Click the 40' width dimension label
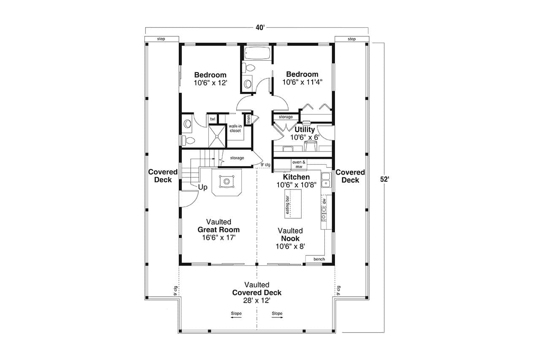tap(259, 27)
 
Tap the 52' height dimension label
tap(384, 179)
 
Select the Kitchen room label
tap(296, 177)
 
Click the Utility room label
tap(305, 130)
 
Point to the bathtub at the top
tap(257, 54)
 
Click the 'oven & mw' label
tap(299, 164)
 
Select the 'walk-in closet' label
tap(235, 128)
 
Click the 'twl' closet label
tap(213, 119)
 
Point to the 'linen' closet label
tap(249, 119)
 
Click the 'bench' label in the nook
tap(319, 259)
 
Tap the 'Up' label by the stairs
tap(202, 188)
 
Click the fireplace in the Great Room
tap(227, 181)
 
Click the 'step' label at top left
tap(161, 39)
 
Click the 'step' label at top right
tap(351, 39)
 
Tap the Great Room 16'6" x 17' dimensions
tap(219, 238)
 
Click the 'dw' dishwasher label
tap(324, 201)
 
